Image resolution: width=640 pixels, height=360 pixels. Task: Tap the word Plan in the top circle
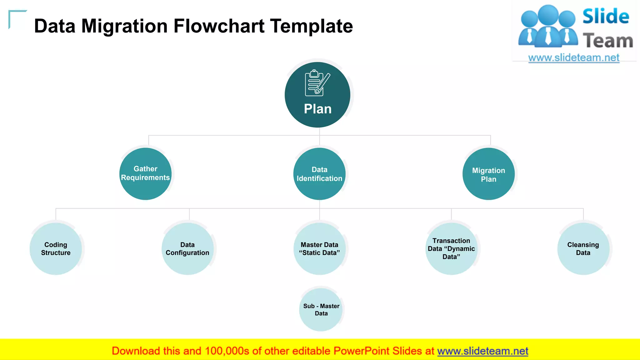(317, 109)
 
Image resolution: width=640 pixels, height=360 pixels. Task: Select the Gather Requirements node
(145, 173)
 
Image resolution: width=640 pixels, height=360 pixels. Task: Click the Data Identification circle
(319, 174)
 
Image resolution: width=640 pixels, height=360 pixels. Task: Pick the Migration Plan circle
(488, 174)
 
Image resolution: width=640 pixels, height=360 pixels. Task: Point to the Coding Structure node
(56, 249)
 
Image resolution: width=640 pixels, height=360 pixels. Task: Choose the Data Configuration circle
(187, 249)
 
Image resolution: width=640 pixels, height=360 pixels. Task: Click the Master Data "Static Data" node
(319, 249)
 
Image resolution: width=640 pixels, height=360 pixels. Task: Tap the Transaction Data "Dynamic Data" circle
(451, 249)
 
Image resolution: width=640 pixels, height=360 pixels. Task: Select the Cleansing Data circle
(583, 249)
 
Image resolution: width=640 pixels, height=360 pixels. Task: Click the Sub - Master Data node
(321, 310)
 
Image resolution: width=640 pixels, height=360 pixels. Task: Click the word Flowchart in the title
(219, 26)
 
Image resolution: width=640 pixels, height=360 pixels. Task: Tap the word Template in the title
(312, 26)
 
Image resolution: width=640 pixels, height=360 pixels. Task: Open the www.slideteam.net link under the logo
(574, 58)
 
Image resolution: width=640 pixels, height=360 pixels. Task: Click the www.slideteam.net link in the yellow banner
(482, 351)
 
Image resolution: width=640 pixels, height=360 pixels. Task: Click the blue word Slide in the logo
(606, 16)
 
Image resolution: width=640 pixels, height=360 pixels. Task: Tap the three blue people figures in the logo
(548, 27)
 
